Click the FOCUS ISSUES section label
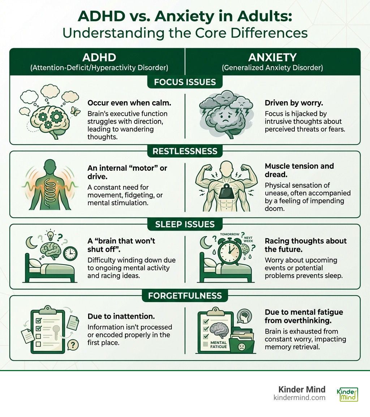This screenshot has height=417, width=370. click(185, 82)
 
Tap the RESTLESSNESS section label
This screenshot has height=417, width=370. click(185, 151)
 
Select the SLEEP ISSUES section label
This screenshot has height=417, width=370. click(185, 224)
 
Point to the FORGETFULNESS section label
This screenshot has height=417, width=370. click(185, 296)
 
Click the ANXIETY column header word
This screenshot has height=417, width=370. click(272, 57)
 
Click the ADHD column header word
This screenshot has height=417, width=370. click(99, 57)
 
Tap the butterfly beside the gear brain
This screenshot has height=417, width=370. click(75, 111)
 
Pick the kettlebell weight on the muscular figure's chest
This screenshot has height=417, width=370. click(227, 192)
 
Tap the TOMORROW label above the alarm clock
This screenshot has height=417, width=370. click(229, 234)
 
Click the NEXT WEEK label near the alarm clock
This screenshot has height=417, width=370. click(248, 239)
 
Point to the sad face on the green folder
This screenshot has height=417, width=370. click(241, 347)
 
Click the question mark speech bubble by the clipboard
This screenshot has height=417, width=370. click(73, 345)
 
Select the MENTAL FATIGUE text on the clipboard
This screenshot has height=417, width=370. click(218, 345)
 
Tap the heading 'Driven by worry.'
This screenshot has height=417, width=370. click(294, 103)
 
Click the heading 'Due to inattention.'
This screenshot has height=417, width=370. click(121, 316)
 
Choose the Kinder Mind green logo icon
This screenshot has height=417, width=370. click(347, 394)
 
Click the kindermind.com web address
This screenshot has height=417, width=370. click(299, 397)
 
